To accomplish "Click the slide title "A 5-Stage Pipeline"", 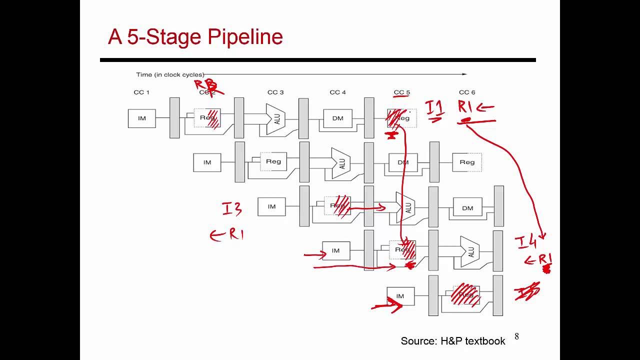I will click(195, 37).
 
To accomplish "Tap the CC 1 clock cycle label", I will click(141, 92).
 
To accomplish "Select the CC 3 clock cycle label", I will click(275, 92).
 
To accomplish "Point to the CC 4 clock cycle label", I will click(338, 92).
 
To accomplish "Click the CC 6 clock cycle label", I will click(467, 92).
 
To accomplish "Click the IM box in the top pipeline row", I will click(142, 118).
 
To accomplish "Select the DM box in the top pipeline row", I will click(337, 118).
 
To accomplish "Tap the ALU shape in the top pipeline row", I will click(275, 119).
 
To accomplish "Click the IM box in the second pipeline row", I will click(207, 162).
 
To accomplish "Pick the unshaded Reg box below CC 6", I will click(467, 162).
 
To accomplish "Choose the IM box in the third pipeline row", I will click(271, 206).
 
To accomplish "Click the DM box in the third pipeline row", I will click(467, 208).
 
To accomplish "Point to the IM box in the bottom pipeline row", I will click(400, 296).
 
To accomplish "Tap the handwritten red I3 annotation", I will click(232, 209).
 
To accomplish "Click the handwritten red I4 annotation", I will click(526, 243).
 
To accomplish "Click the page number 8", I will click(516, 336).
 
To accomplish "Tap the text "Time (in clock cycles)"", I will click(170, 74).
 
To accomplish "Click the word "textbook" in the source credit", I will click(485, 341).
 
